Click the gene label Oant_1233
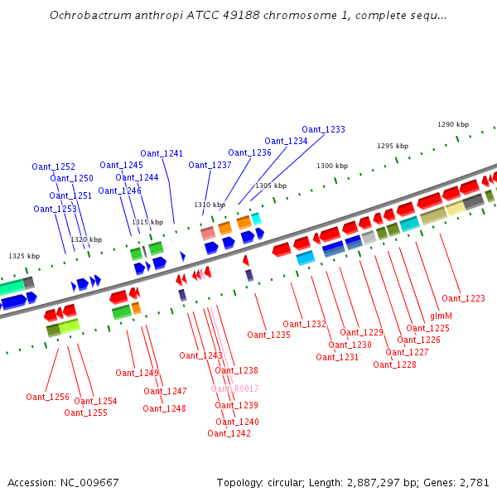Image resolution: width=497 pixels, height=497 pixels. (x=323, y=129)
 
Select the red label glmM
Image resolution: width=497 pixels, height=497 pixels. (x=441, y=316)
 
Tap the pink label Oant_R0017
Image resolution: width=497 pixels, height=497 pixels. (x=234, y=388)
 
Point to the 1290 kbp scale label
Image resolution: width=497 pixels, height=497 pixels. (x=453, y=124)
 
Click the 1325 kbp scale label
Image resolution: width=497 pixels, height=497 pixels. (x=24, y=256)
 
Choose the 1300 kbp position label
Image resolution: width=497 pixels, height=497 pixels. (x=332, y=166)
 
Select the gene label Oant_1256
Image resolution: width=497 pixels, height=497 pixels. (x=47, y=397)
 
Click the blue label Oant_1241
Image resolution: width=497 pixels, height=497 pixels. (x=162, y=153)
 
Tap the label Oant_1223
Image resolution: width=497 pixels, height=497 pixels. (x=463, y=298)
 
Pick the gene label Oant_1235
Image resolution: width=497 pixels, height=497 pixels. (x=268, y=335)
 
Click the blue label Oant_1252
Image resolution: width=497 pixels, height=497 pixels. (x=53, y=166)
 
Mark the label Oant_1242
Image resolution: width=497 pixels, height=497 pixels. (x=229, y=433)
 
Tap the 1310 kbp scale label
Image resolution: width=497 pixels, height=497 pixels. (x=210, y=204)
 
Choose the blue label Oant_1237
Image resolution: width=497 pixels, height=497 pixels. (x=210, y=165)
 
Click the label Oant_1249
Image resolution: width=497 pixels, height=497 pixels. (x=137, y=373)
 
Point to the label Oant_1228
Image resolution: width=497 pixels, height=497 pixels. (x=394, y=364)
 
